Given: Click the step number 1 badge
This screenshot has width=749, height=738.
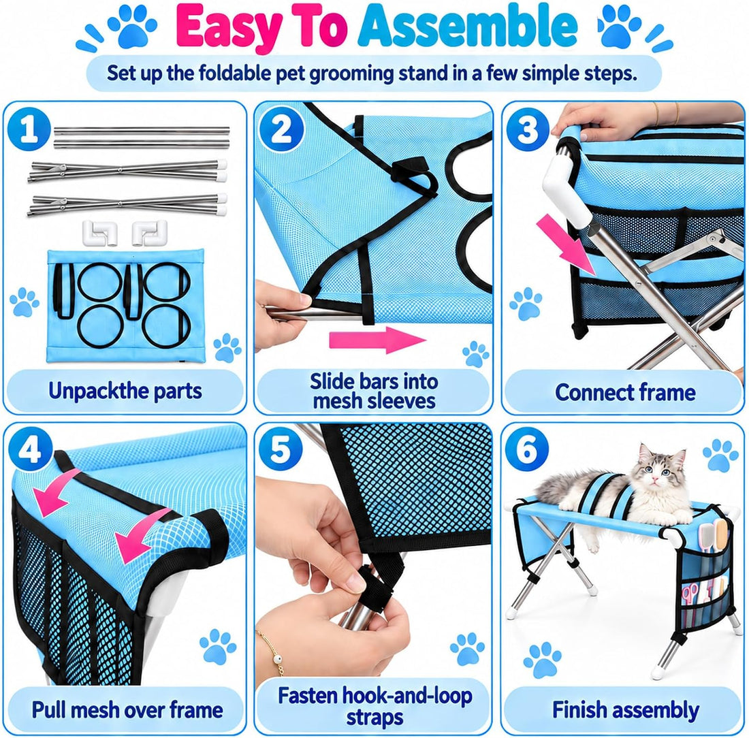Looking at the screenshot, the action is click(x=29, y=129).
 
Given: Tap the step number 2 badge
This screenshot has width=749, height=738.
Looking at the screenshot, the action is click(x=282, y=129).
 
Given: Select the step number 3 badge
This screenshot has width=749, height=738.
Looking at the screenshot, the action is click(x=528, y=129).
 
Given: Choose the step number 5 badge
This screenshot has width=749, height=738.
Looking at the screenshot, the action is click(x=281, y=449).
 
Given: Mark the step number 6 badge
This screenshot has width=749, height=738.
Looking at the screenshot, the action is click(x=527, y=449).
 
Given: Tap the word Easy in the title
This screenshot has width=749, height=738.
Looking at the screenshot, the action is click(x=228, y=29).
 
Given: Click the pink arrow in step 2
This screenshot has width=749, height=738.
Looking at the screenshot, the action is click(x=377, y=340).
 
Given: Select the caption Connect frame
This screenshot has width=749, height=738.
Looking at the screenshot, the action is click(x=625, y=393).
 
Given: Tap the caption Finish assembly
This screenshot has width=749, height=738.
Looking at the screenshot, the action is click(x=625, y=710).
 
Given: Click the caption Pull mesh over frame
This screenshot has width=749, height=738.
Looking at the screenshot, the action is click(x=127, y=710).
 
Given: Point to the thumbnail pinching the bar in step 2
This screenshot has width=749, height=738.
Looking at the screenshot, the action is click(x=303, y=299).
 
